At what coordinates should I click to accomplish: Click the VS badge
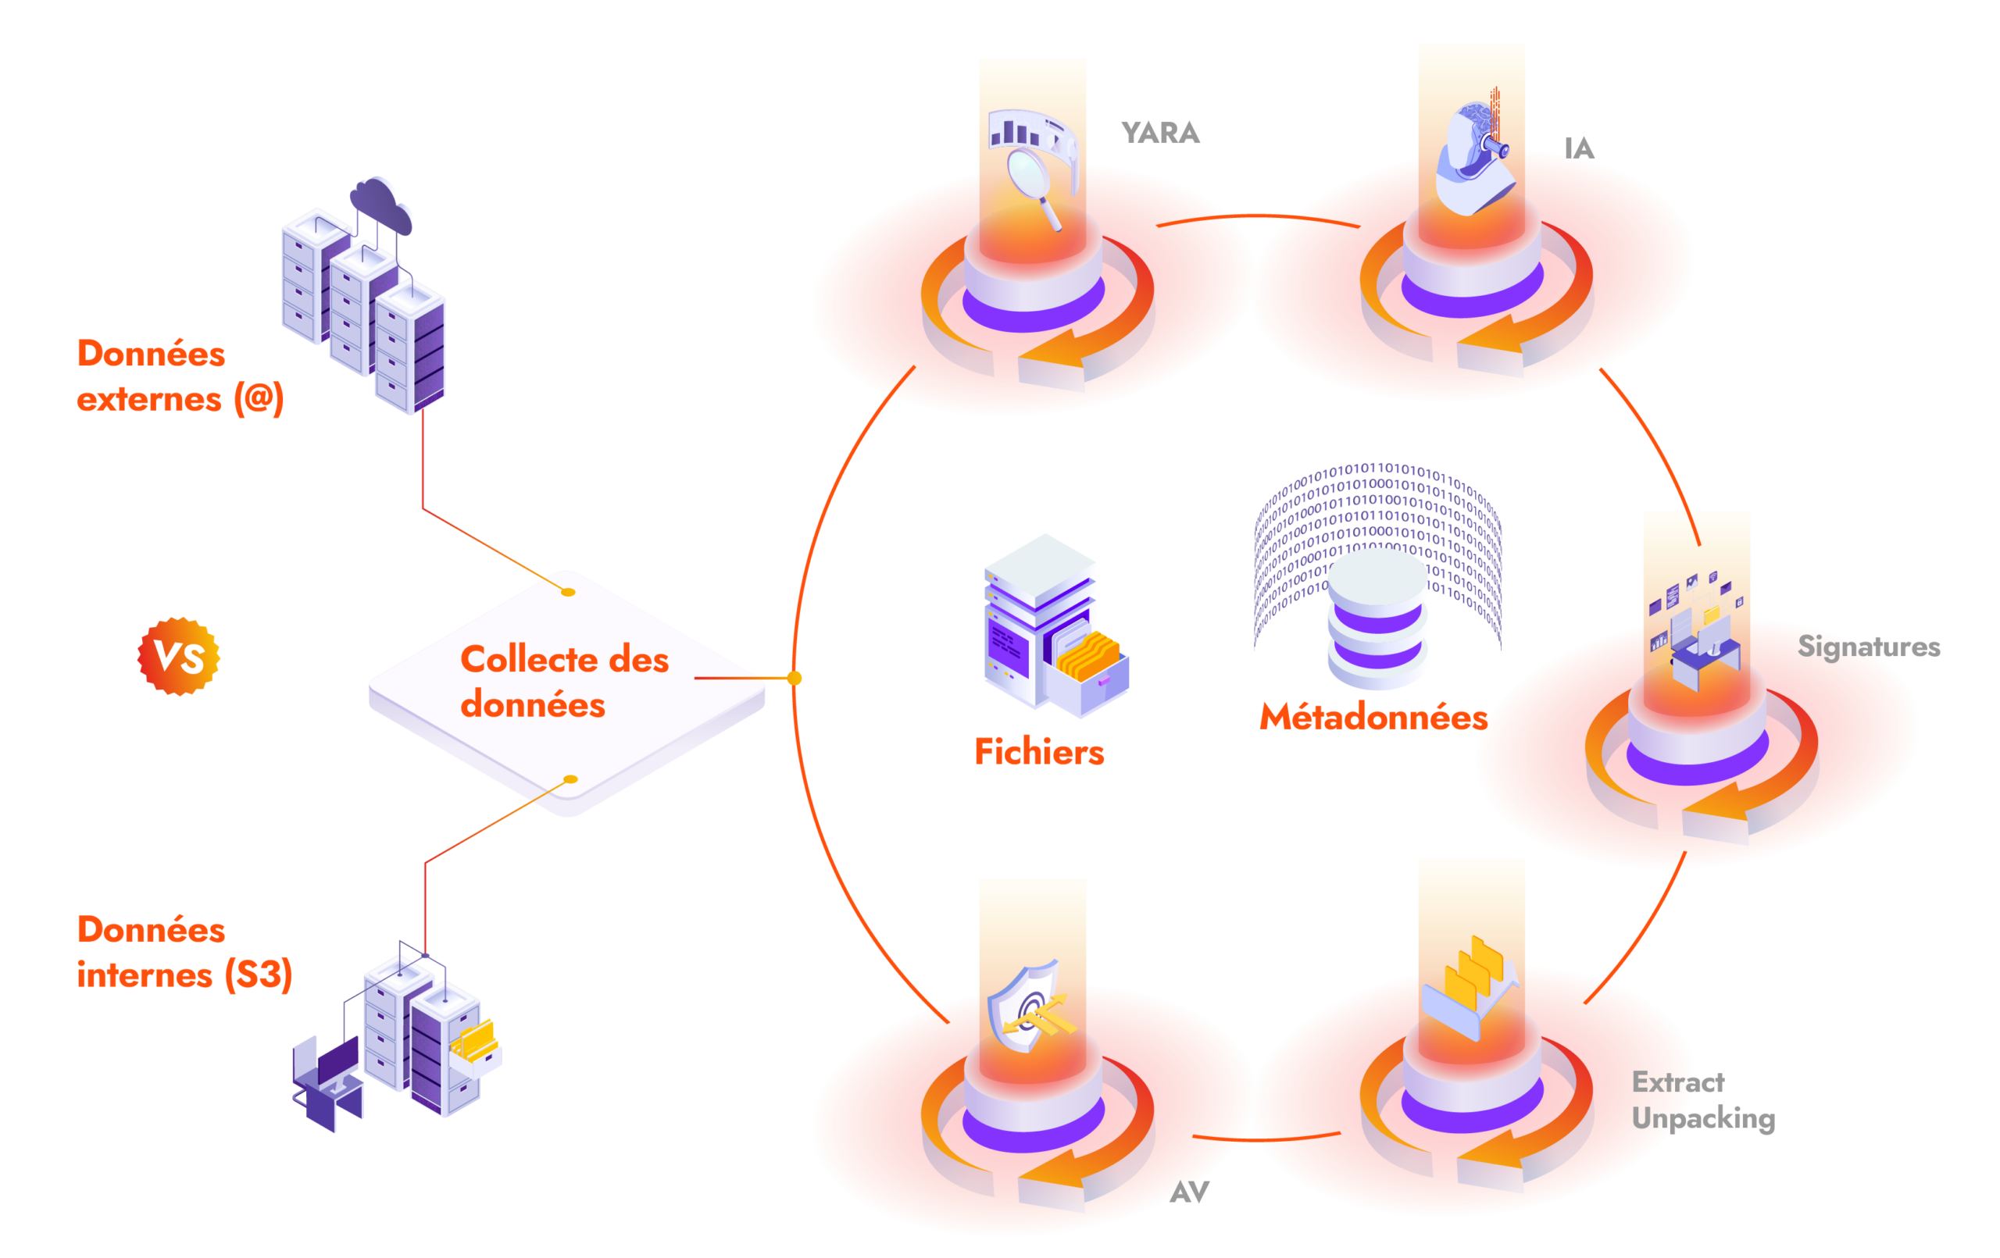click(179, 657)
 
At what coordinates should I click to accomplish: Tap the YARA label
click(1160, 133)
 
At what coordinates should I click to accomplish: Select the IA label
click(1579, 148)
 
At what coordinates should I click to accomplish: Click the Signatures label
click(1869, 647)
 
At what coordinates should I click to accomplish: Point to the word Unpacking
click(1702, 1119)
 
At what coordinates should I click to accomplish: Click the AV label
click(1189, 1192)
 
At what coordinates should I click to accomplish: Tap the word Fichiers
click(1039, 752)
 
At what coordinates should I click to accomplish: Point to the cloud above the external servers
click(381, 204)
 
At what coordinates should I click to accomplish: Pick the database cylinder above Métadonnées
click(1378, 618)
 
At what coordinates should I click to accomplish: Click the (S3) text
click(259, 975)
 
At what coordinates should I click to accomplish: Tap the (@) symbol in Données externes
click(259, 399)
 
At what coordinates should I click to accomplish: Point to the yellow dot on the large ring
click(795, 679)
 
